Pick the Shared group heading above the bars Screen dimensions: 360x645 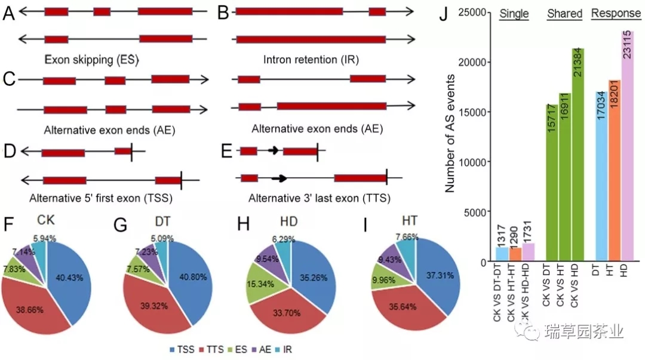click(x=564, y=14)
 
